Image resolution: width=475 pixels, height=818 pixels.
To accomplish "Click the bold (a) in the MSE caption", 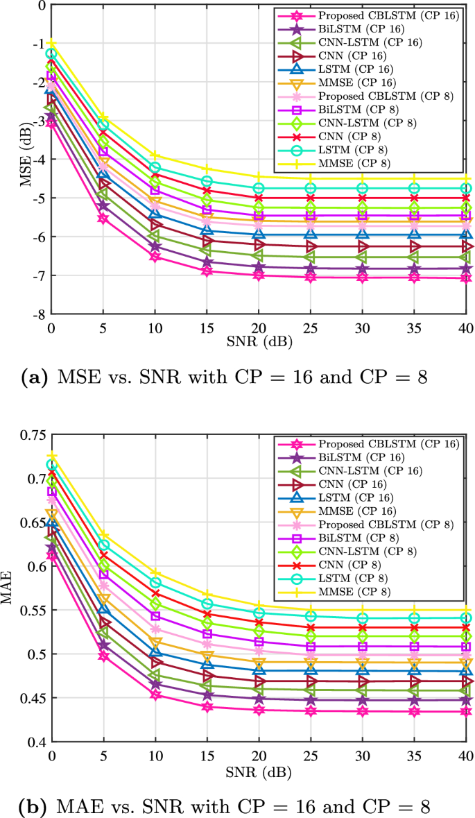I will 34,378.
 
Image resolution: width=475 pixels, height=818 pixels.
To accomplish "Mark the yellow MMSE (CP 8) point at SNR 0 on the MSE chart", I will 51,43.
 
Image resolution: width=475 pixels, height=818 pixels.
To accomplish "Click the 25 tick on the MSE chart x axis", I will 309,326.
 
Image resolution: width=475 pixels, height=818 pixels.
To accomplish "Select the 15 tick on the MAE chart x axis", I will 206,755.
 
